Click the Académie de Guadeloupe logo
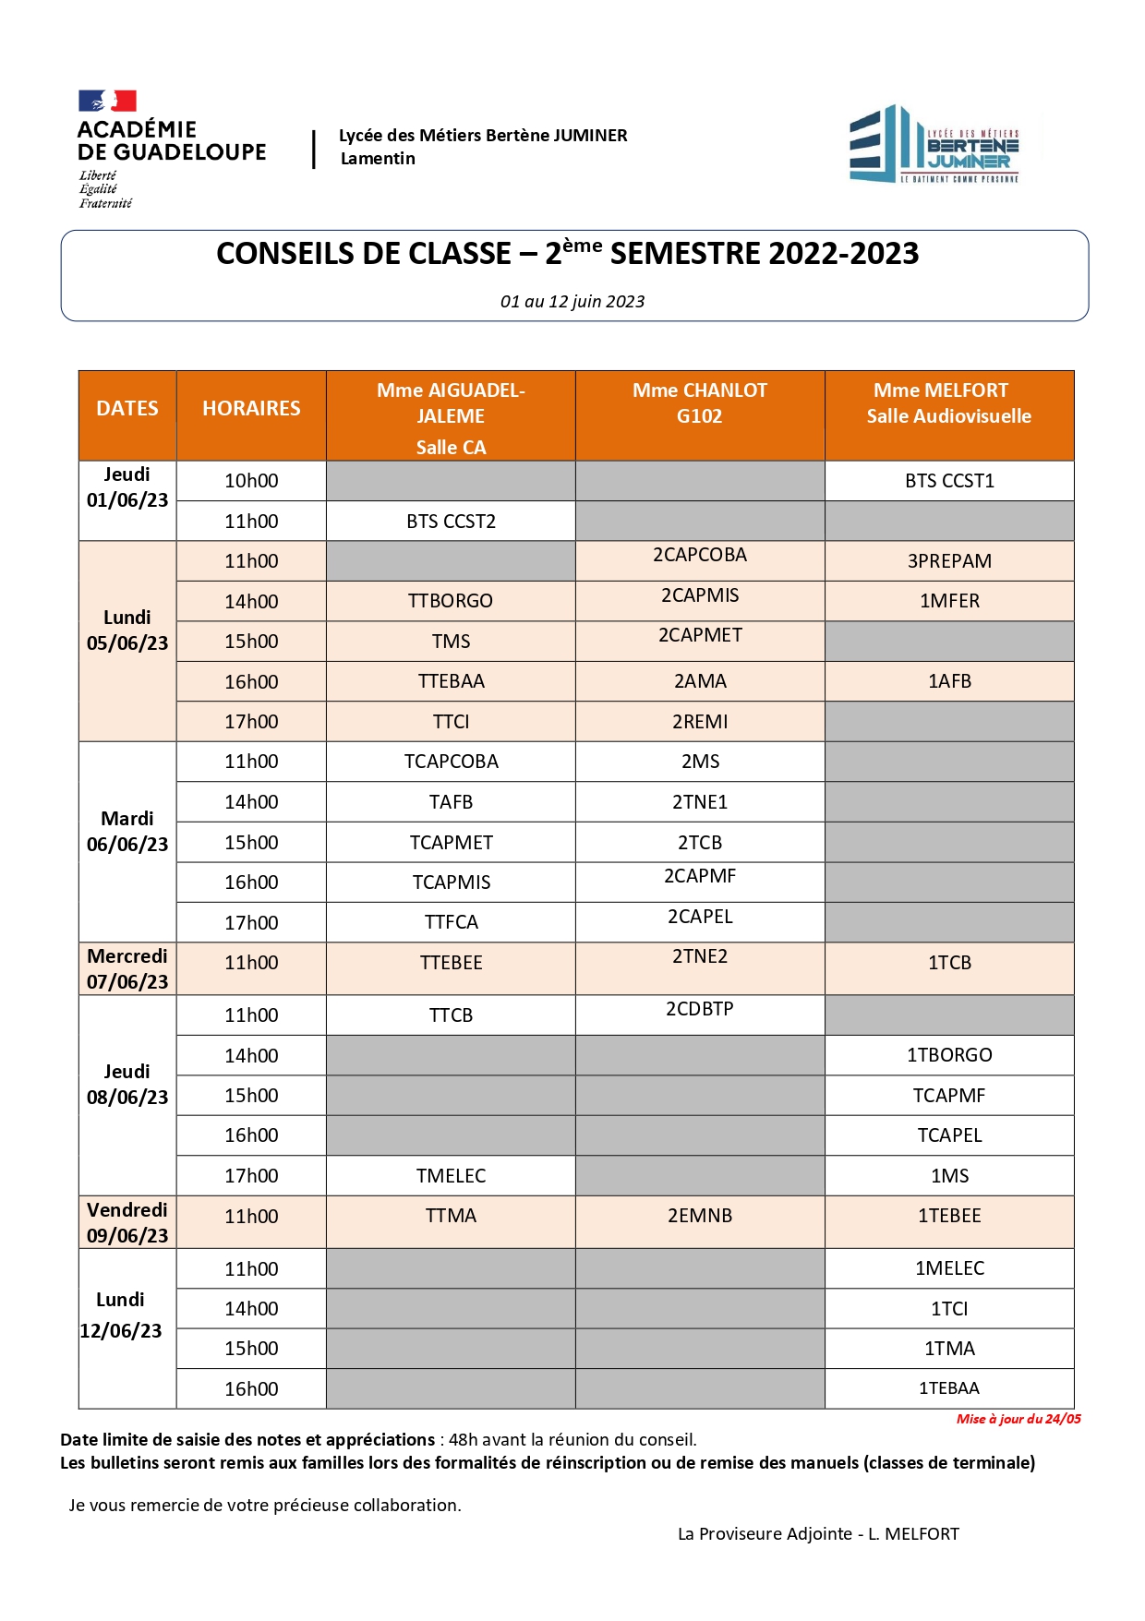coord(172,148)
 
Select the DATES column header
coord(127,409)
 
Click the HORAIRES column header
coord(251,409)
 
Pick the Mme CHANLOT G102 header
coord(700,403)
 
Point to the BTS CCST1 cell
coord(949,481)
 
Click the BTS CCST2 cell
coord(451,522)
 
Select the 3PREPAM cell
coord(949,561)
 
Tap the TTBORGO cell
coord(451,601)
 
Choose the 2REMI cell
coord(700,722)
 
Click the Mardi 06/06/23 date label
coord(127,832)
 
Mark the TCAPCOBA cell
coord(451,762)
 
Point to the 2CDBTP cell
coord(700,1009)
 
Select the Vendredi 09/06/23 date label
coord(127,1222)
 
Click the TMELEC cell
coord(451,1176)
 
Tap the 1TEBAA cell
coord(949,1388)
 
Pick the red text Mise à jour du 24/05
coord(1018,1419)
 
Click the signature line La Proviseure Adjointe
coord(818,1533)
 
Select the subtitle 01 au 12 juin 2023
coord(572,302)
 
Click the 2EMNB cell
coord(700,1216)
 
